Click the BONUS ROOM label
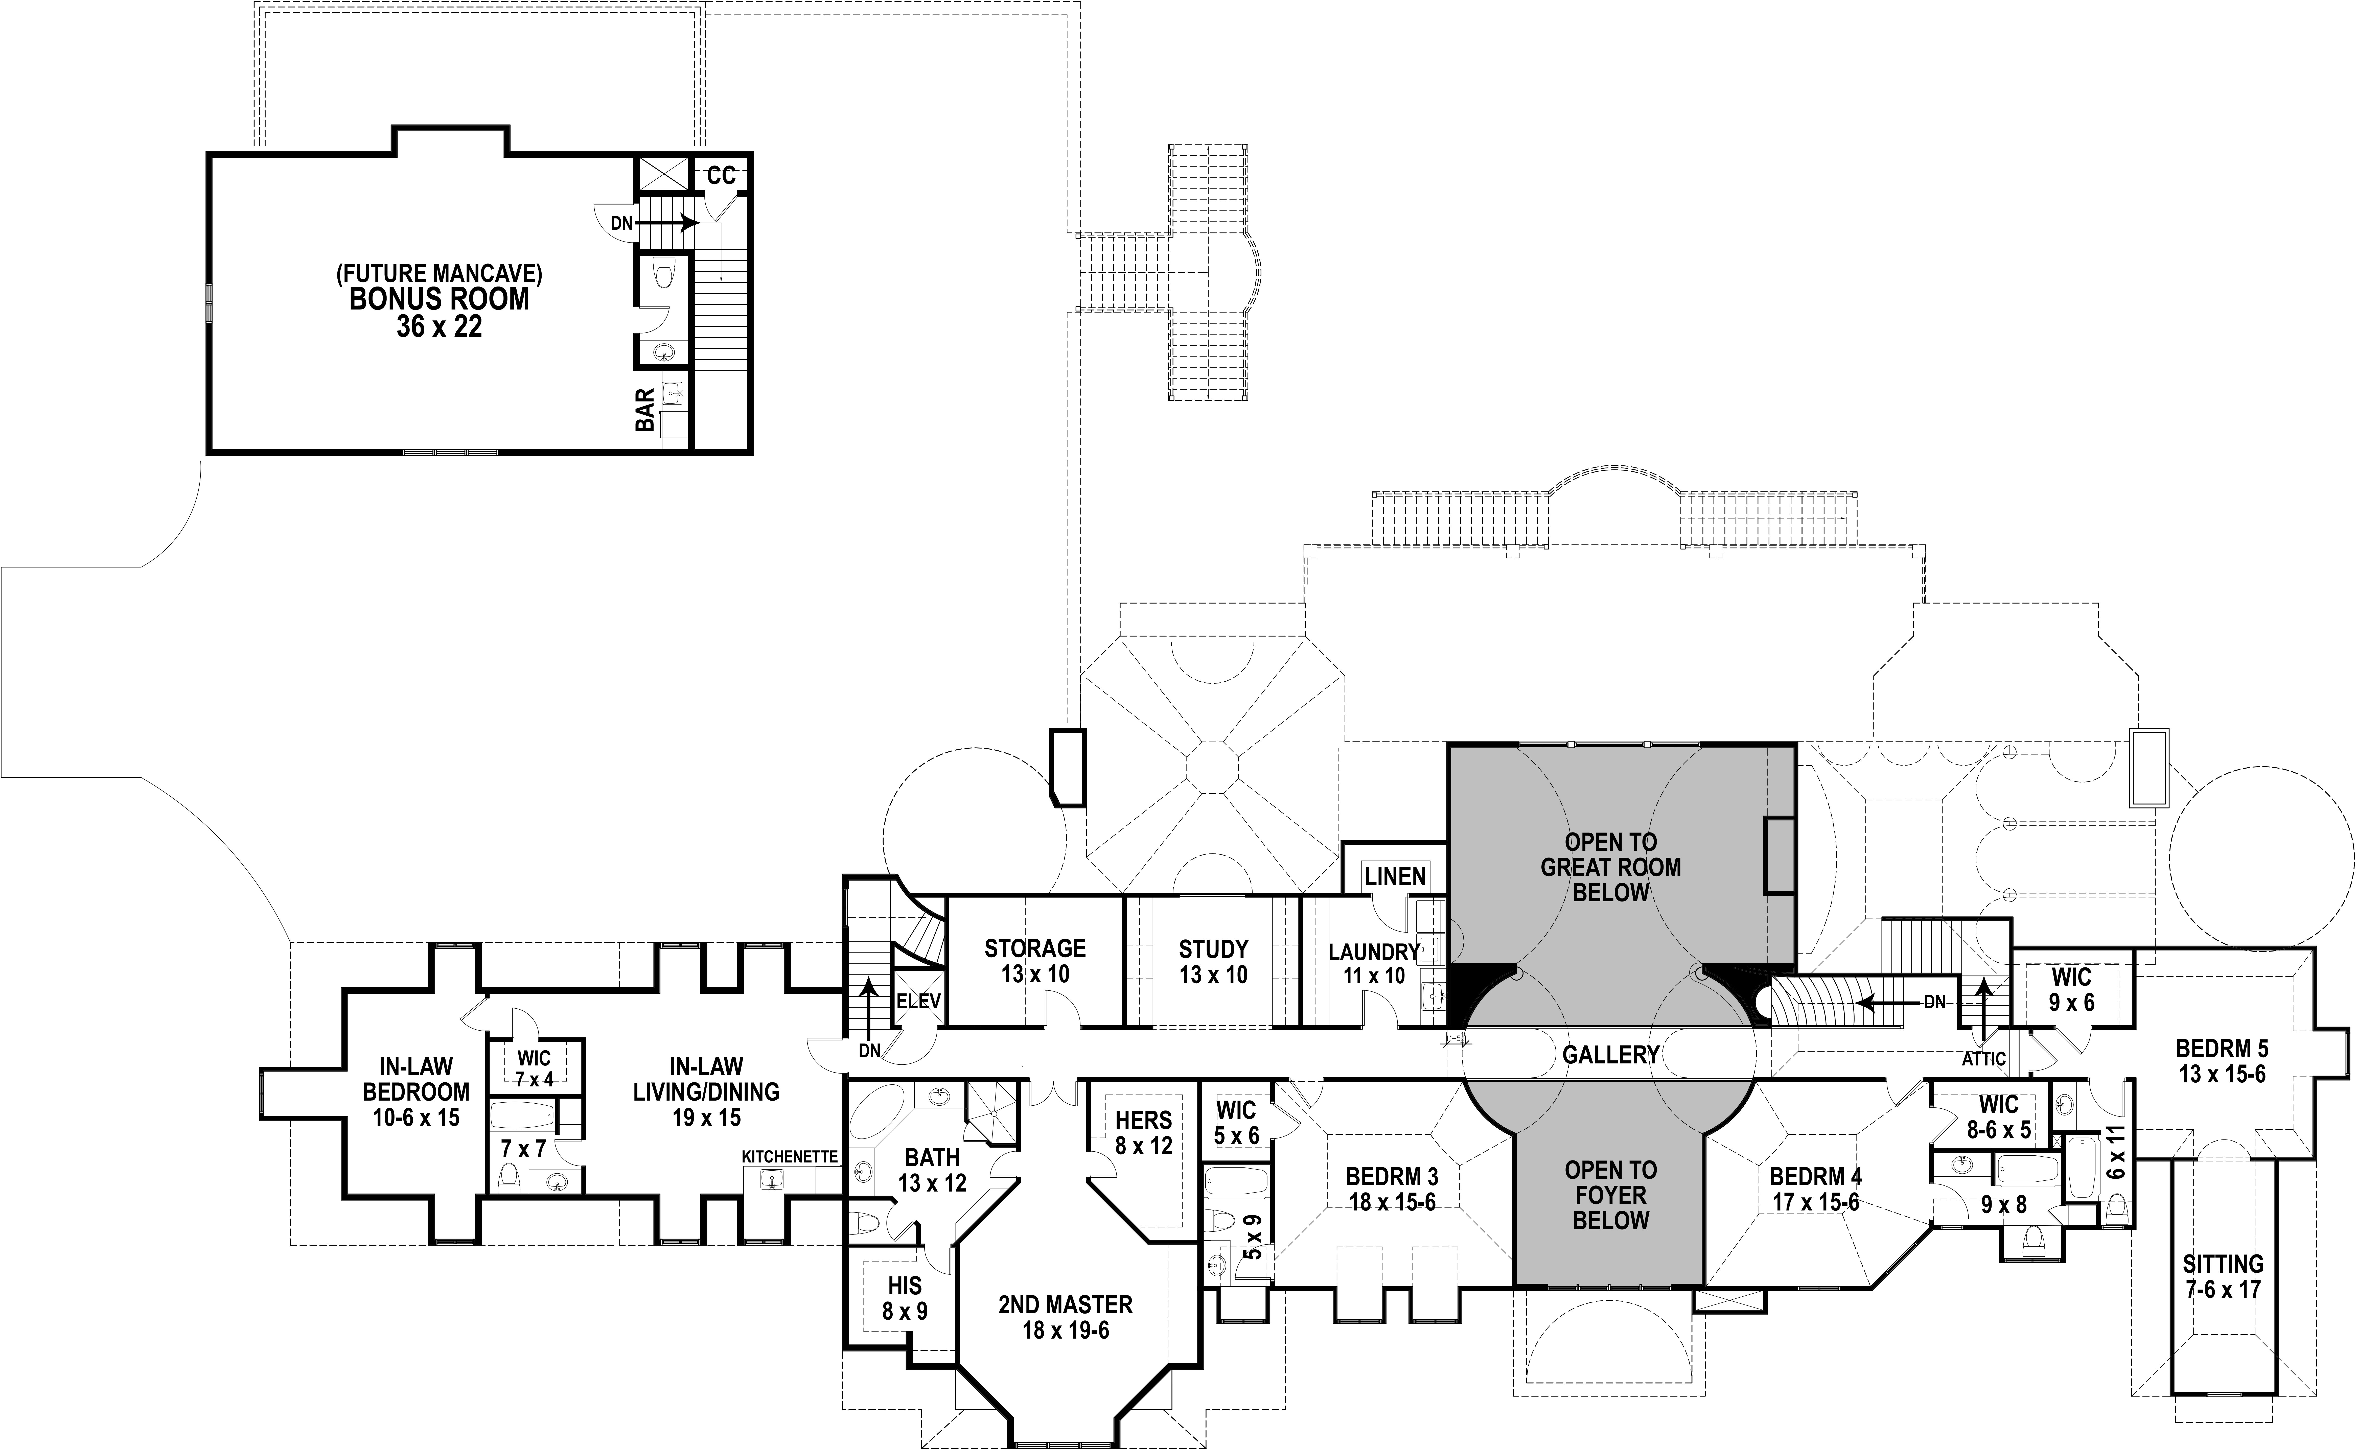pyautogui.click(x=438, y=299)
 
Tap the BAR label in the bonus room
pyautogui.click(x=645, y=410)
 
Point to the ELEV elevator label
pyautogui.click(x=918, y=1002)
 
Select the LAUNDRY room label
pyautogui.click(x=1373, y=952)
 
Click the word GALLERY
pyautogui.click(x=1611, y=1055)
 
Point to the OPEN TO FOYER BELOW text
pyautogui.click(x=1611, y=1195)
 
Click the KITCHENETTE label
pyautogui.click(x=790, y=1157)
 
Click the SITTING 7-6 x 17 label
pyautogui.click(x=2223, y=1276)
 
